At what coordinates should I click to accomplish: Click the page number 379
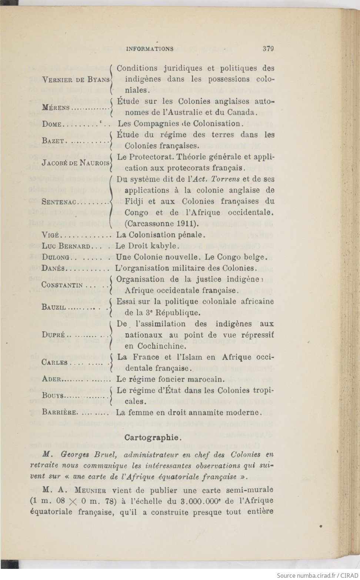[x=268, y=49]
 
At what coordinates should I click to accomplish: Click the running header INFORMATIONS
[x=150, y=49]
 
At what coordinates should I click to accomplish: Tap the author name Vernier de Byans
[x=76, y=80]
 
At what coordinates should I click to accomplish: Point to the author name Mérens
[x=56, y=107]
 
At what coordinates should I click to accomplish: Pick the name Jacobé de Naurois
[x=76, y=163]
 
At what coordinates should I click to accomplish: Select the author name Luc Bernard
[x=66, y=246]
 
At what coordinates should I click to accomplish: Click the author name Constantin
[x=62, y=285]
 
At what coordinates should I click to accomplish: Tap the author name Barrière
[x=60, y=412]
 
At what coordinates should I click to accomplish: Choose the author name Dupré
[x=54, y=335]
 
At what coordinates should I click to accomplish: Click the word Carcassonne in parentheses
[x=150, y=224]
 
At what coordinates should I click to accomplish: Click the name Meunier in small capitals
[x=90, y=490]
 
